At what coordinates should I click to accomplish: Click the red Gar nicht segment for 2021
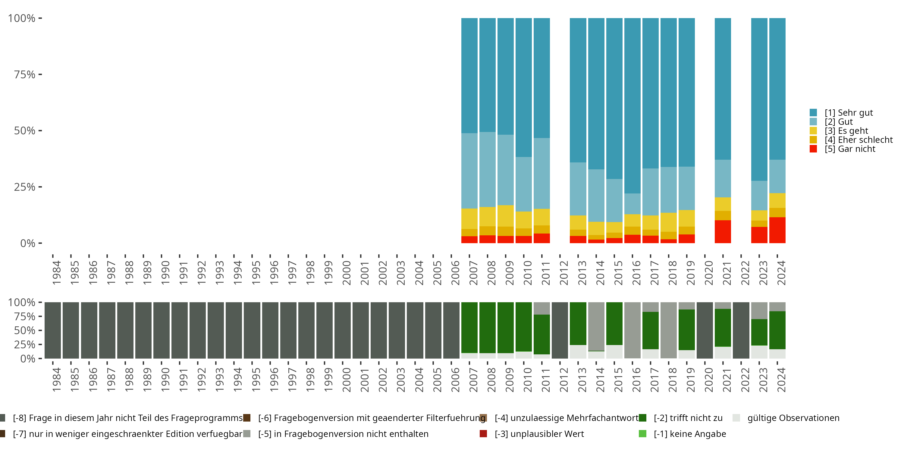723,232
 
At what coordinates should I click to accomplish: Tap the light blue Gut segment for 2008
488,169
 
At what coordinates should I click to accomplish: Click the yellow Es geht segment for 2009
505,216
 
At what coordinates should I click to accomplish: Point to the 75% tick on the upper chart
25,74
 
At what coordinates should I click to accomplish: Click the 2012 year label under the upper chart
563,273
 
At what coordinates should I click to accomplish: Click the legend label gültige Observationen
793,418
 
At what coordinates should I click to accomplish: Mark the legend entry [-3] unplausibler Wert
539,434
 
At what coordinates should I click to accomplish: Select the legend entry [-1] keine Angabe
689,434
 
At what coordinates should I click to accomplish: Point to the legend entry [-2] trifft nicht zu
688,418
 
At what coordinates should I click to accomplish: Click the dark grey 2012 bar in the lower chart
560,330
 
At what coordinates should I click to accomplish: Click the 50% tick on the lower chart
25,330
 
